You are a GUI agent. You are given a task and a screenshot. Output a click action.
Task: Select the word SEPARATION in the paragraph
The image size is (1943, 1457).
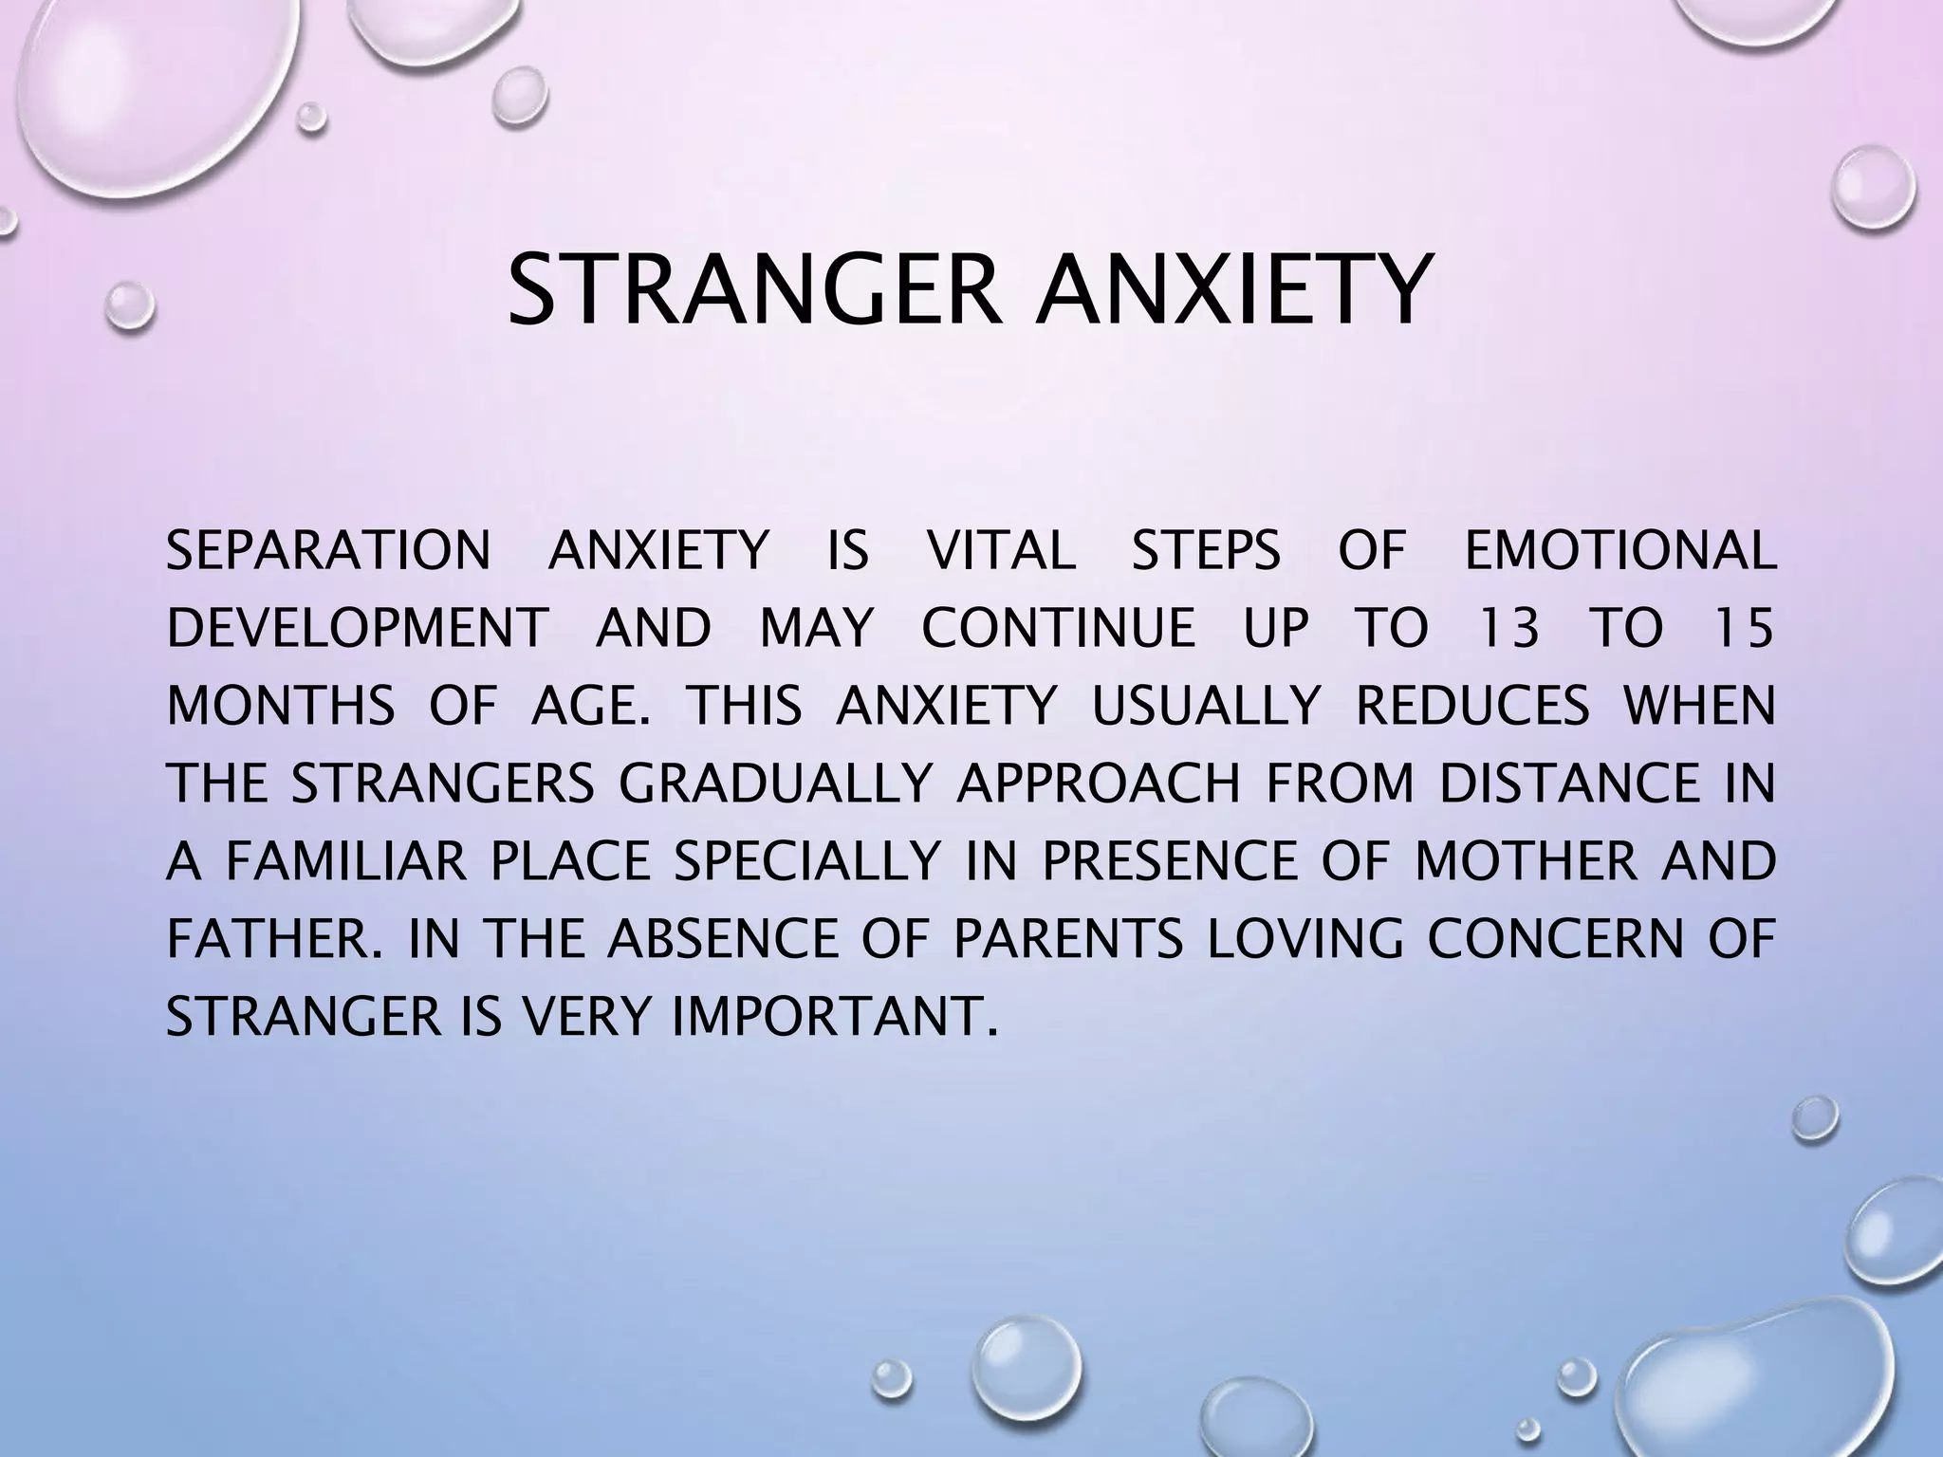click(328, 551)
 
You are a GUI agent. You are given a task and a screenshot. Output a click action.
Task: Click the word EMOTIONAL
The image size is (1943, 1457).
click(1619, 551)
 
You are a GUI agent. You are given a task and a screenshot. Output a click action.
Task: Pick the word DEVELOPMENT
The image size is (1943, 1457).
click(358, 629)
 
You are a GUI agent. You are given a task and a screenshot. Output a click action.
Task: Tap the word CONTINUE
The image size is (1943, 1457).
click(1059, 629)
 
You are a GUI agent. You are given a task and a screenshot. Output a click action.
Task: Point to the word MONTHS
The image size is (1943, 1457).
click(281, 707)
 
